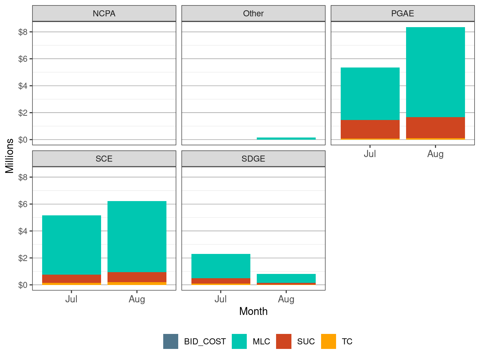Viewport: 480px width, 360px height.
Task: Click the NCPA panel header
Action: pyautogui.click(x=104, y=14)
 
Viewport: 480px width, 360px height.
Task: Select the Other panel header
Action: pyautogui.click(x=253, y=14)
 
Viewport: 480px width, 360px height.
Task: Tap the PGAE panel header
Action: pyautogui.click(x=402, y=14)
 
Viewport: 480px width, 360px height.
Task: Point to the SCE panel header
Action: pyautogui.click(x=104, y=159)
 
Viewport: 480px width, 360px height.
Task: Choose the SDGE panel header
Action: pyautogui.click(x=253, y=159)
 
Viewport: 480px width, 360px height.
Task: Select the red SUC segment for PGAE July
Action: pyautogui.click(x=370, y=129)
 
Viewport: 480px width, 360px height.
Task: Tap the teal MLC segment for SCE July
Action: pyautogui.click(x=71, y=245)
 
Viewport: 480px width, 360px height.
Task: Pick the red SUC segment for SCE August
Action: pyautogui.click(x=137, y=277)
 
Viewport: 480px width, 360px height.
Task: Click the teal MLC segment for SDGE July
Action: pyautogui.click(x=221, y=266)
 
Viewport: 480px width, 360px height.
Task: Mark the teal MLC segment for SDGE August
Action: pyautogui.click(x=286, y=278)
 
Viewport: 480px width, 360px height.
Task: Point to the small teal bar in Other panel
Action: pyautogui.click(x=286, y=139)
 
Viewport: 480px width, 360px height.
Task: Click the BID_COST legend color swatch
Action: pyautogui.click(x=171, y=341)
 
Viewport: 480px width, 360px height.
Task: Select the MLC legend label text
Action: pyautogui.click(x=261, y=342)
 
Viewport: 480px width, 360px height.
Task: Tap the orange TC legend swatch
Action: pyautogui.click(x=329, y=341)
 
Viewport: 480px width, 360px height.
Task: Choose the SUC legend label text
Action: pyautogui.click(x=306, y=342)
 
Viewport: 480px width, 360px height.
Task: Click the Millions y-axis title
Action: pyautogui.click(x=10, y=156)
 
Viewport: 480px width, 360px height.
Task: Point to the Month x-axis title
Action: pyautogui.click(x=253, y=311)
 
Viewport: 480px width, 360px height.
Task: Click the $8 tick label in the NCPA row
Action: pyautogui.click(x=23, y=32)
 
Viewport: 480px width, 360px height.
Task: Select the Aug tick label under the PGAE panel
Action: pyautogui.click(x=435, y=154)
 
